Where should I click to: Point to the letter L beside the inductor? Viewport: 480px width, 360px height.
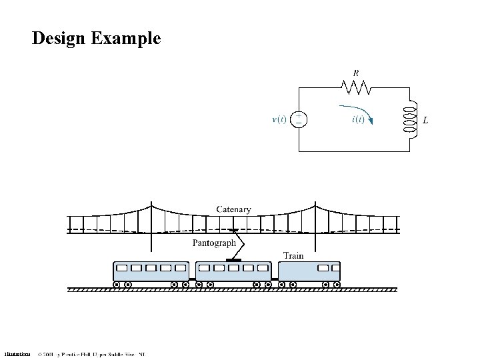pos(425,120)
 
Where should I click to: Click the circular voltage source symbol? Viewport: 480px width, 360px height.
pos(299,119)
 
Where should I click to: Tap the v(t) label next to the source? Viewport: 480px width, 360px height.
pos(279,120)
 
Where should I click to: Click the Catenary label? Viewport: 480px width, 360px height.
pos(234,209)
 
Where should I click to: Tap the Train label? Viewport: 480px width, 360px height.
pos(294,255)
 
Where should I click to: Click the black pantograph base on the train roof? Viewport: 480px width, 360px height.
pos(231,259)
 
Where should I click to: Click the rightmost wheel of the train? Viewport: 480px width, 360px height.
pos(337,285)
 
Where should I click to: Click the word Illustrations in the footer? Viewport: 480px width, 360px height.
pos(17,354)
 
